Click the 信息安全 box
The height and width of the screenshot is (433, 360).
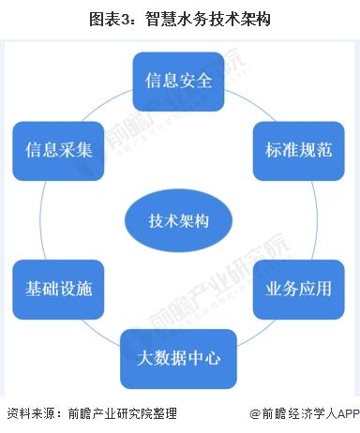[x=179, y=79]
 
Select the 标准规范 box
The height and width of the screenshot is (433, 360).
[x=293, y=150]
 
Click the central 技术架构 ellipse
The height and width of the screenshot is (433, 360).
[x=179, y=221]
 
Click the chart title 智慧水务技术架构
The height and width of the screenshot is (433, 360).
[x=208, y=18]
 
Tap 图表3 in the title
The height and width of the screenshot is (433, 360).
[x=113, y=18]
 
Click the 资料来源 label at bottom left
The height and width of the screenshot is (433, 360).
[x=27, y=413]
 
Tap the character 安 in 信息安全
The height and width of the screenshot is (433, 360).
[x=193, y=79]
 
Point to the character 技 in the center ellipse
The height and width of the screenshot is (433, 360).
[x=157, y=221]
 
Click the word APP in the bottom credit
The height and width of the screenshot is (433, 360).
[x=344, y=413]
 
